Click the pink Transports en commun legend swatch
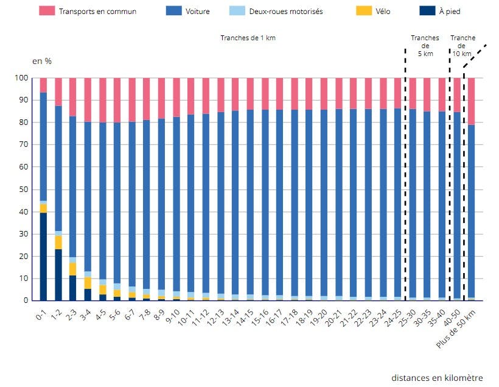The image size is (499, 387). tap(47, 11)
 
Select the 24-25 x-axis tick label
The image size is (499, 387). tap(394, 318)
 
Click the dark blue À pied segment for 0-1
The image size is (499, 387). tap(43, 256)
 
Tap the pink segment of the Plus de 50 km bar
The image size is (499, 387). tap(471, 101)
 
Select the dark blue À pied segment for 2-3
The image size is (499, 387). tap(73, 288)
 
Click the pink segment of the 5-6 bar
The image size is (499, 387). tap(117, 100)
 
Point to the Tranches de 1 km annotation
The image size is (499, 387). tap(248, 38)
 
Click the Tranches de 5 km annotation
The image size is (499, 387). tap(425, 46)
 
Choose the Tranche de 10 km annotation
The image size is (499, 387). tap(462, 46)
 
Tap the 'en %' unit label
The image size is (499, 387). tap(41, 62)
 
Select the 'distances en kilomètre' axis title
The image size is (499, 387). tap(437, 378)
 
